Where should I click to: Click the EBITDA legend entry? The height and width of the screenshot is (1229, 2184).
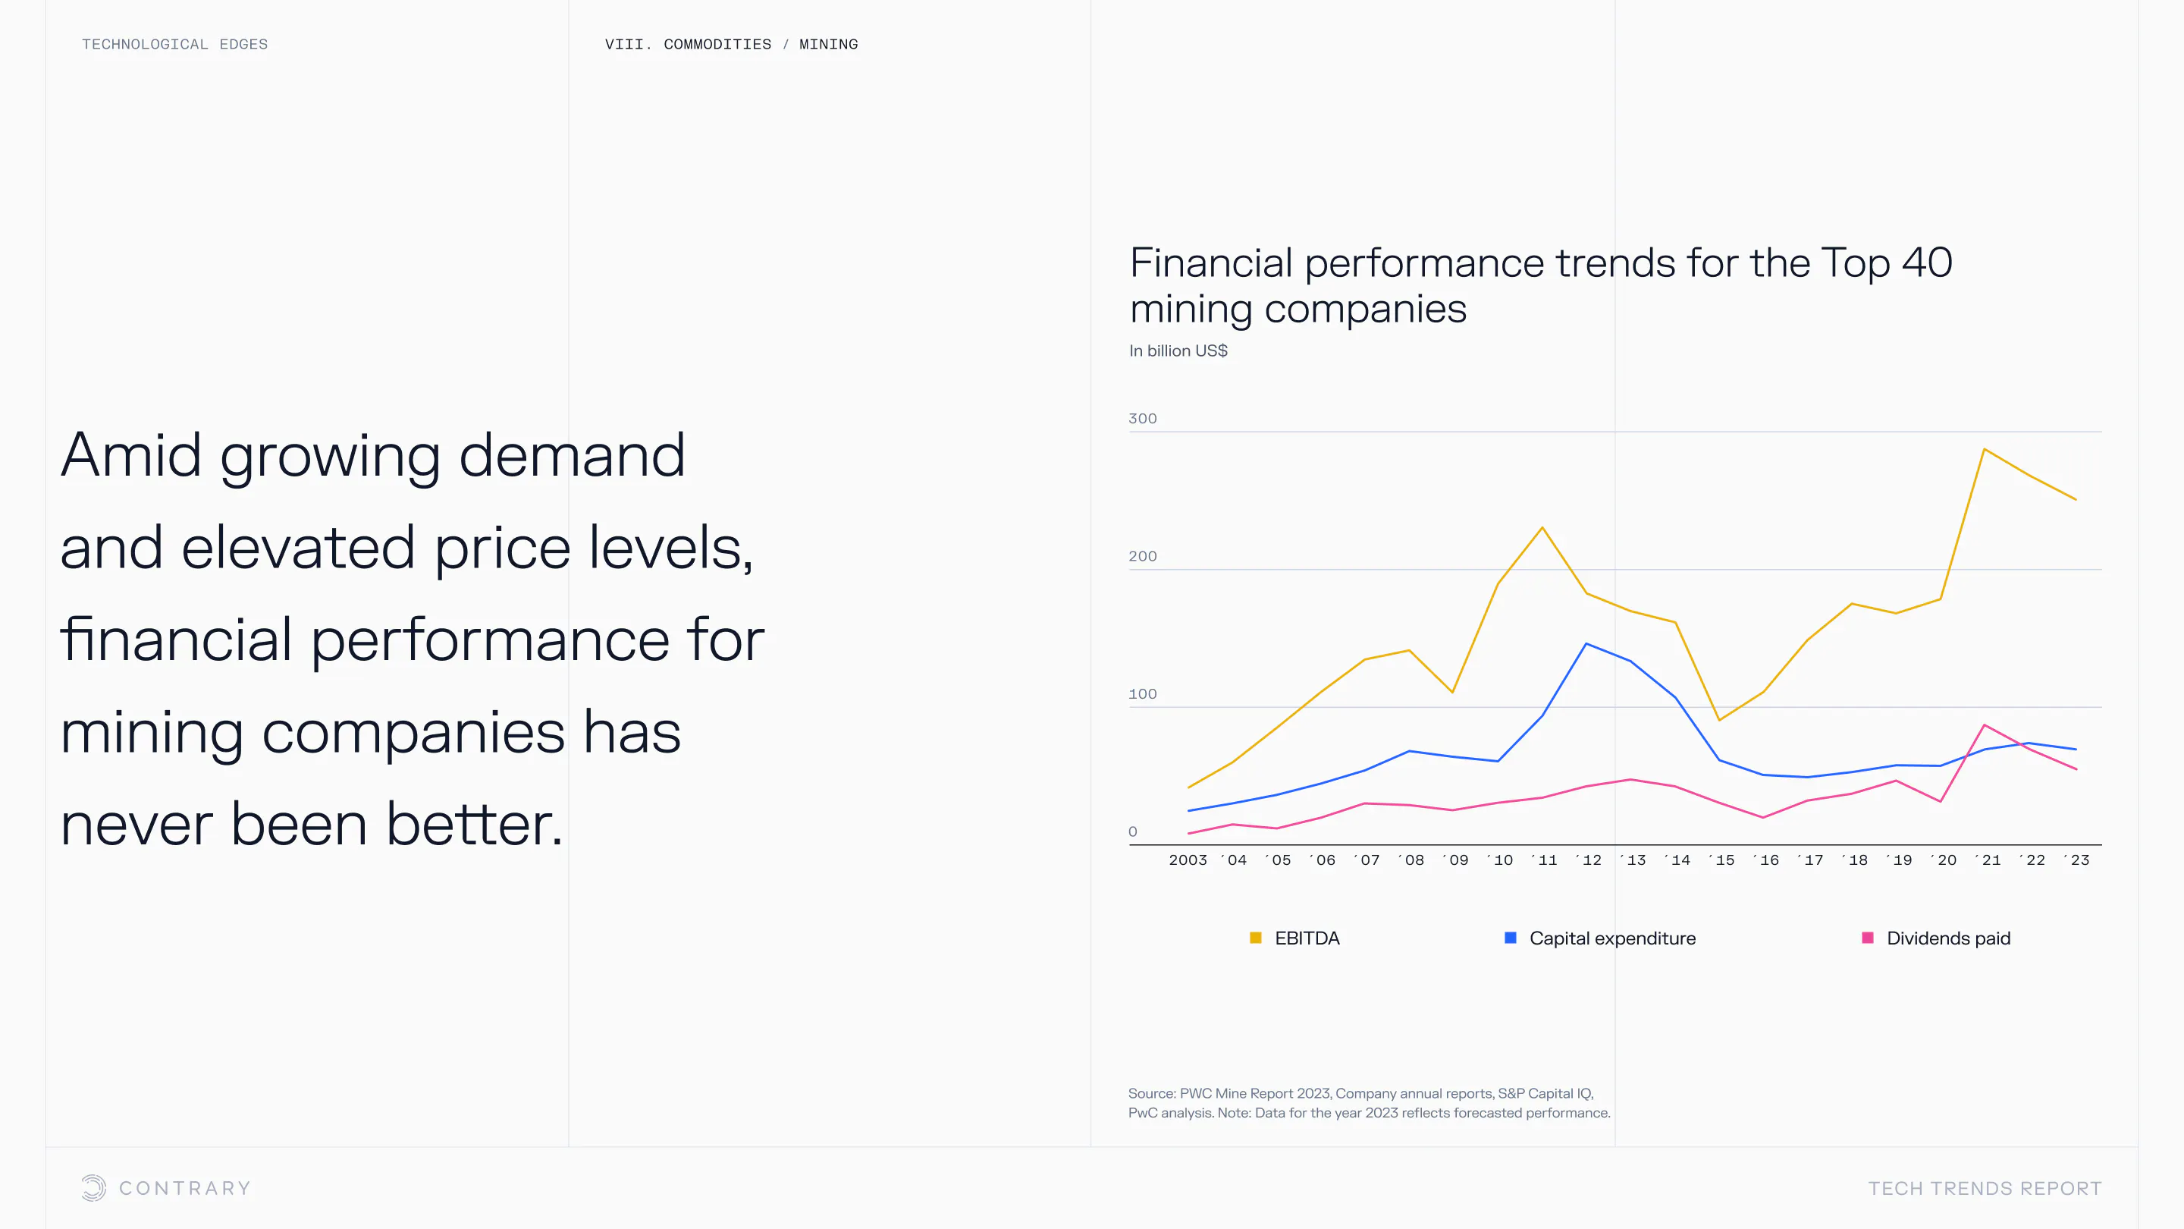click(x=1294, y=938)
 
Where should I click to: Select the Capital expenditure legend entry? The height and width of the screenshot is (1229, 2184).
click(x=1600, y=938)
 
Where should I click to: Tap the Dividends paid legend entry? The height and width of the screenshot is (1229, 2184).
click(x=1935, y=938)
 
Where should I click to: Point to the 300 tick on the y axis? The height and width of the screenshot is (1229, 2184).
click(x=1142, y=418)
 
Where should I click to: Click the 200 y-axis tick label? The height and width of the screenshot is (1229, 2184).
click(x=1142, y=556)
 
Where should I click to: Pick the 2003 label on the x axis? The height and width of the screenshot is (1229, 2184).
click(x=1188, y=860)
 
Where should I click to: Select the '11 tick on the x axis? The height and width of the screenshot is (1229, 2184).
click(x=1544, y=860)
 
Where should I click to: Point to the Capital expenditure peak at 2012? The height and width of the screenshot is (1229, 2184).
click(x=1586, y=644)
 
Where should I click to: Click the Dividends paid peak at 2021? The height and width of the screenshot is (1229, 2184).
click(x=1985, y=725)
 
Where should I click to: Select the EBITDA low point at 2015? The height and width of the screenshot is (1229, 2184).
click(x=1718, y=720)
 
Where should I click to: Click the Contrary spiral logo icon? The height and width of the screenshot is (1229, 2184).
click(x=94, y=1187)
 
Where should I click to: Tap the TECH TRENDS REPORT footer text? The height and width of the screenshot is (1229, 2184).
click(x=1985, y=1188)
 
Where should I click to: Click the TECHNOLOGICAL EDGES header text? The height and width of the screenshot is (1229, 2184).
click(x=174, y=44)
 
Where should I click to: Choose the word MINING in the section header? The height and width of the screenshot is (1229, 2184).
click(x=828, y=44)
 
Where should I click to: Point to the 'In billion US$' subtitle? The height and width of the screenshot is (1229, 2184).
click(x=1178, y=350)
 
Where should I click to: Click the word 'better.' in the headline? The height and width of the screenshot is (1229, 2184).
click(x=475, y=824)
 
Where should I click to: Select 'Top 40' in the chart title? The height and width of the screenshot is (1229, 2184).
click(x=1887, y=263)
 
